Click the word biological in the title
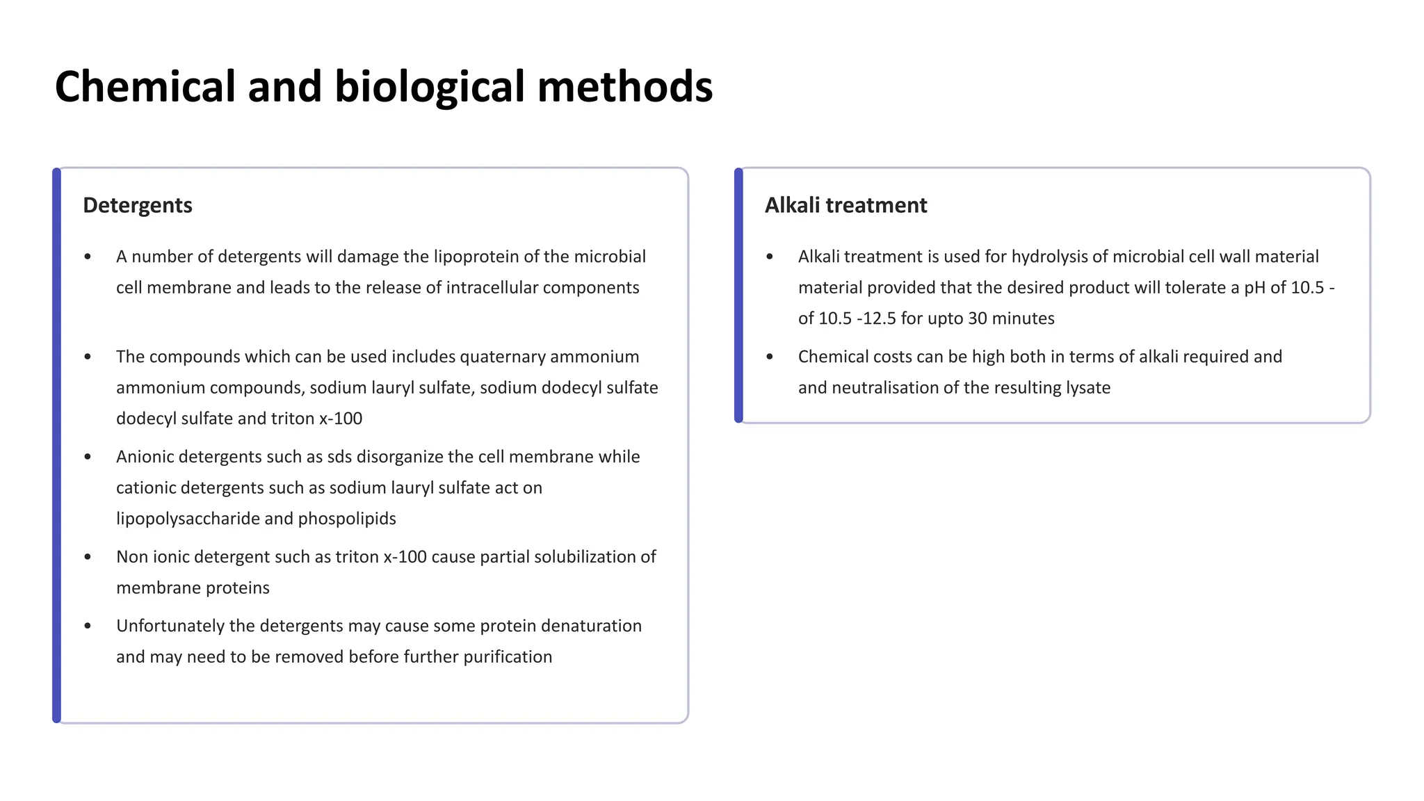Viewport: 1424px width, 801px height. [429, 87]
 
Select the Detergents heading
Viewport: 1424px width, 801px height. [138, 205]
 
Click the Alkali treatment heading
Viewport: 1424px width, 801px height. [845, 205]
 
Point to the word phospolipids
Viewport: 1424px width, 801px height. [347, 519]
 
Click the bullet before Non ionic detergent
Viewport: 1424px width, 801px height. [88, 557]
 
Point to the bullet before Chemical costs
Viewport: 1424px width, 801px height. [770, 357]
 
